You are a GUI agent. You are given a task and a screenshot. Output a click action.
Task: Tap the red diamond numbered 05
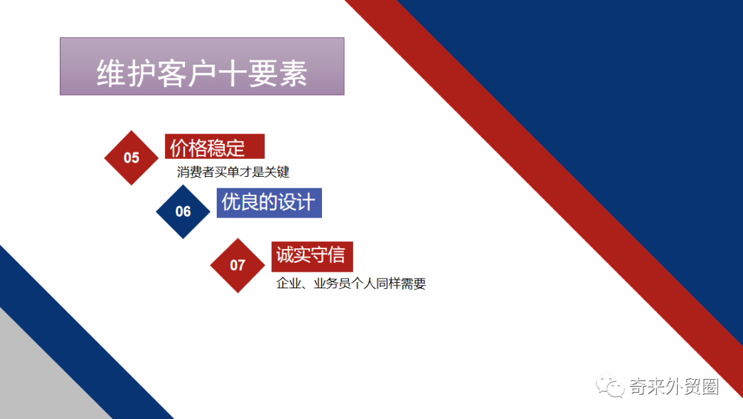131,158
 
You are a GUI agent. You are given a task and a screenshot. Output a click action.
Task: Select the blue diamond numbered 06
183,211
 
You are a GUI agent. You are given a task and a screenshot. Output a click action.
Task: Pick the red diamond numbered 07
237,265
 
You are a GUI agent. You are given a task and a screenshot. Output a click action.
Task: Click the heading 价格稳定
208,147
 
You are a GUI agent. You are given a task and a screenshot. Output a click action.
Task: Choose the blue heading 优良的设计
268,202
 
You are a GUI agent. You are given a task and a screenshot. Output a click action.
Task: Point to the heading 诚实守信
310,255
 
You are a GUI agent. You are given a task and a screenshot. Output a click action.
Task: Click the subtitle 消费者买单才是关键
233,172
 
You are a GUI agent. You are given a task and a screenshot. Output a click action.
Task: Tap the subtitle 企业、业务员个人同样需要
351,283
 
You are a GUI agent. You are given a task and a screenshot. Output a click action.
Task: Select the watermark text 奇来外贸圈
674,387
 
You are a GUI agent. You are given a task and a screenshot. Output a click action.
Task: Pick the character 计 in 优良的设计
305,202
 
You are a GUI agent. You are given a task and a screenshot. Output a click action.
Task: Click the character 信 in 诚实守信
336,255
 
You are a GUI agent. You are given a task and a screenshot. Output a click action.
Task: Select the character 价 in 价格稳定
179,147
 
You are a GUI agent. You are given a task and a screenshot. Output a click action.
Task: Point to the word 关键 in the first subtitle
279,172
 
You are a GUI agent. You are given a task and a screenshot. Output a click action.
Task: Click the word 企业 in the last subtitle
288,283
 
